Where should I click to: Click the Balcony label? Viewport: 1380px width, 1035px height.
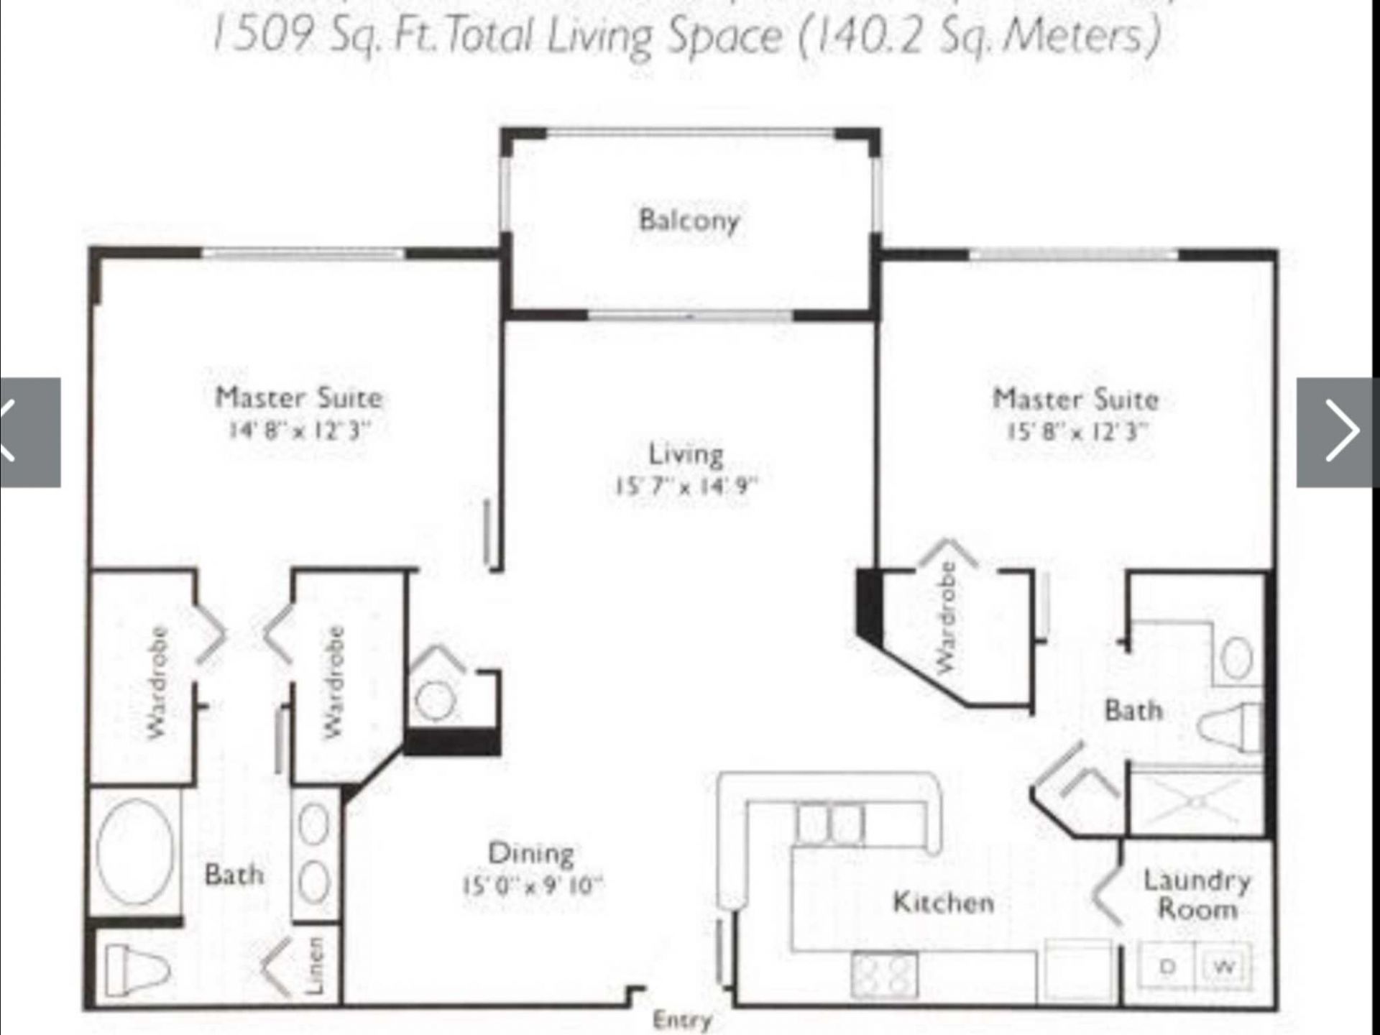coord(689,220)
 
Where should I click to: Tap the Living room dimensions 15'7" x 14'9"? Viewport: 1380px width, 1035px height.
coord(686,487)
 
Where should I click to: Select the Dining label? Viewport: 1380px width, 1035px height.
coord(531,853)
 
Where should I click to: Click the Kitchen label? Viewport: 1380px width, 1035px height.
coord(943,902)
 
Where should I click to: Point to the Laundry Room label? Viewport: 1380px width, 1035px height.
coord(1197,895)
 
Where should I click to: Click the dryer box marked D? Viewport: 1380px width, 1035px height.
coord(1167,967)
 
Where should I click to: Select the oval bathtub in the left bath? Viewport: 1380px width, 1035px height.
coord(134,851)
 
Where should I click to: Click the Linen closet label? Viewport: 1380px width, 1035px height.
coord(315,965)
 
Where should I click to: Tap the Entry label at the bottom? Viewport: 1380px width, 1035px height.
coord(681,1020)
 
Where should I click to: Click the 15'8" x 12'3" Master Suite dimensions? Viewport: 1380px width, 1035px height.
coord(1075,432)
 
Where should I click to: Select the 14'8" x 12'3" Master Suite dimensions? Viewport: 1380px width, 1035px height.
coord(299,431)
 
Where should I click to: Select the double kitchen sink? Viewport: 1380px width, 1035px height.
coord(830,822)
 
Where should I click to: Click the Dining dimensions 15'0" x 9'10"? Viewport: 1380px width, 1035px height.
coord(531,885)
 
